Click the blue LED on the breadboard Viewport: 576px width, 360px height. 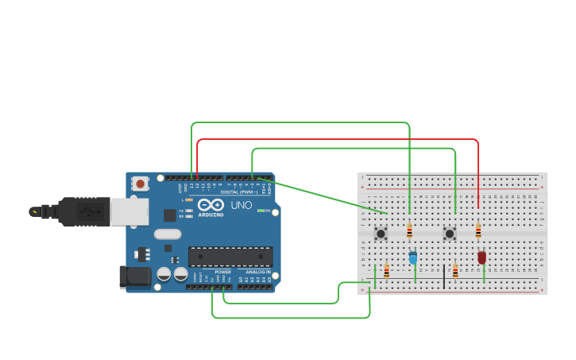[x=413, y=257]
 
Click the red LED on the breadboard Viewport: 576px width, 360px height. [x=481, y=257]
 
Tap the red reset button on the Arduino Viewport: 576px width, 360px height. [x=141, y=184]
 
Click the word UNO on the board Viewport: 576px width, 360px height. [x=241, y=205]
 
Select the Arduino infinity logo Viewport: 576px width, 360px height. [x=211, y=205]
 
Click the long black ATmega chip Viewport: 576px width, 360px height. [x=230, y=257]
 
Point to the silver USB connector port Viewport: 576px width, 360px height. [x=129, y=211]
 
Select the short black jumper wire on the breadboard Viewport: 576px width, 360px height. [x=444, y=277]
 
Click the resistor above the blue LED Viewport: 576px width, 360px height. [x=409, y=231]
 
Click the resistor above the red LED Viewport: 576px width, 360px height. [x=478, y=231]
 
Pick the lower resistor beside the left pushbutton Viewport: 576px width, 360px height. [x=387, y=272]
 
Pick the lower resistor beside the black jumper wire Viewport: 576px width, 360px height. [x=455, y=272]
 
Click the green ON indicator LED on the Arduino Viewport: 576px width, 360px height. [x=261, y=211]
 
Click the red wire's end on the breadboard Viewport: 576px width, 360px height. [x=478, y=208]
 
